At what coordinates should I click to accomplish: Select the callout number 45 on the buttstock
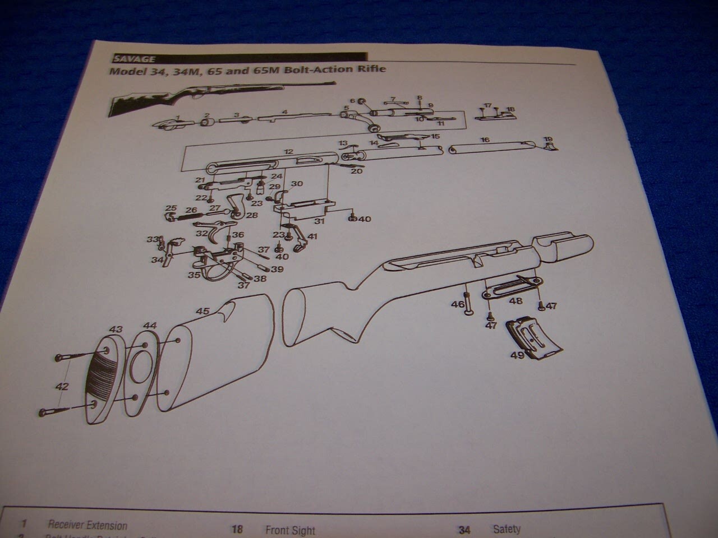(202, 310)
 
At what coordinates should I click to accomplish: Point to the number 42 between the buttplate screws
(62, 386)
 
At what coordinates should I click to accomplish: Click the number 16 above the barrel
(485, 140)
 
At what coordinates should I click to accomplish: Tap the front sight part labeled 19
(551, 146)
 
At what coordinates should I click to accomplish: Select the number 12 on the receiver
(288, 152)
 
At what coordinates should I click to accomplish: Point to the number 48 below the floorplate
(515, 301)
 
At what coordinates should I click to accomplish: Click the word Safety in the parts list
(507, 528)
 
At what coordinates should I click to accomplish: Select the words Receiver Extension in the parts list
(88, 525)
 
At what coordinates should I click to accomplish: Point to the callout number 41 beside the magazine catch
(312, 236)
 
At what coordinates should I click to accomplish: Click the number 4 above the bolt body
(285, 112)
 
